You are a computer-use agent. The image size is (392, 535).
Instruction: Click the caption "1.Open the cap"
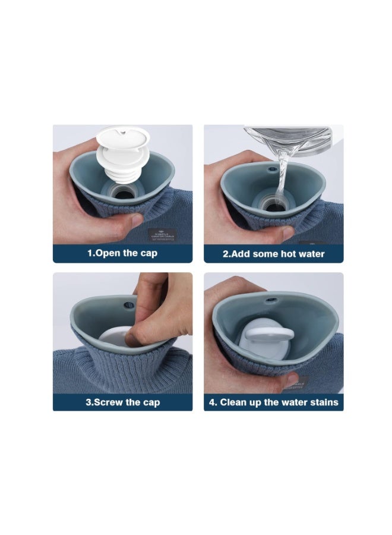click(123, 253)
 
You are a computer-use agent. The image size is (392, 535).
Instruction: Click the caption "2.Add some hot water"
click(274, 253)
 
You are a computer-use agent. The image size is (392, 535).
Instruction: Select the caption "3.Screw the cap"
click(122, 402)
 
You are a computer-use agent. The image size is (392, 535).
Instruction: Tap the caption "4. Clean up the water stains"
click(274, 402)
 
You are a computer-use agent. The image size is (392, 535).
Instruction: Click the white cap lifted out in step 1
click(121, 145)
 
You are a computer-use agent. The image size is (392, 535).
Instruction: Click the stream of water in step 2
click(282, 172)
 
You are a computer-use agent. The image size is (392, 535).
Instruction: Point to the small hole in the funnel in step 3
click(127, 306)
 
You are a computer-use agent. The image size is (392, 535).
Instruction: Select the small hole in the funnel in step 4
click(273, 295)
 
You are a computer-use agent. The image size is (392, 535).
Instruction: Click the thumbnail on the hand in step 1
click(136, 220)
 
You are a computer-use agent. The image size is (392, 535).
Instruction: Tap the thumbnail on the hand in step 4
click(292, 379)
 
